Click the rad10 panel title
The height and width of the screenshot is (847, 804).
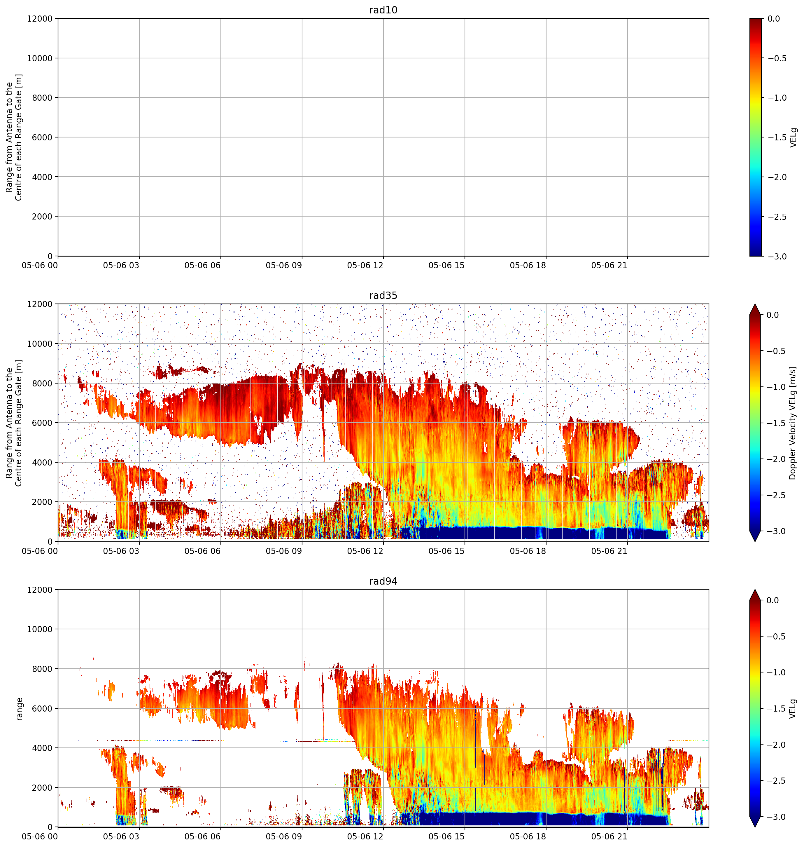[383, 10]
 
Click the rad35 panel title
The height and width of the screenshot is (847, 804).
[383, 295]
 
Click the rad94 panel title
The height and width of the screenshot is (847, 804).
[383, 581]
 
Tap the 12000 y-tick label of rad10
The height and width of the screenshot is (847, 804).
[39, 18]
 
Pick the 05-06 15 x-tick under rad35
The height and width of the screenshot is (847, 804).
[446, 551]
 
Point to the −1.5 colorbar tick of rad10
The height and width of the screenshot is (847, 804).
[777, 137]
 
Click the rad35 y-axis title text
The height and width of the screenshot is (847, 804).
[14, 423]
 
